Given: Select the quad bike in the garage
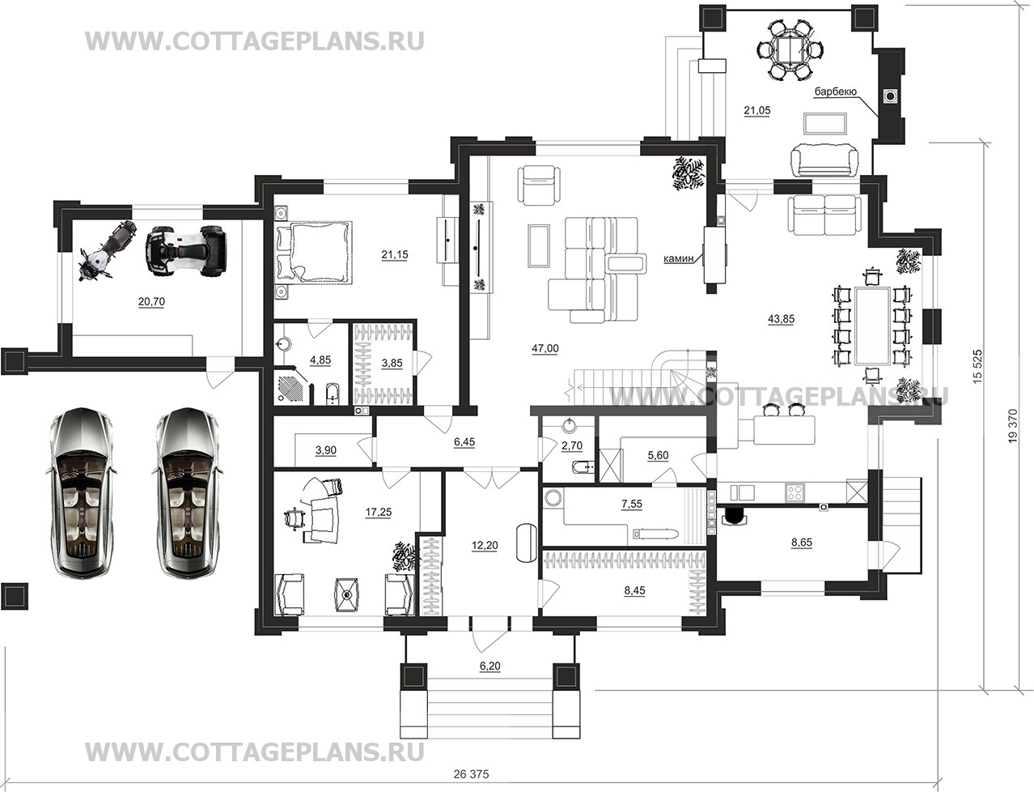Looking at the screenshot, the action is (x=187, y=250).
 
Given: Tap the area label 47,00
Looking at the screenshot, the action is (x=545, y=349).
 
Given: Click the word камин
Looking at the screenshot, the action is (x=679, y=258).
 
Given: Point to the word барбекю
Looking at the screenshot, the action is (x=835, y=92).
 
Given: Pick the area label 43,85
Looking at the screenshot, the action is (x=781, y=319).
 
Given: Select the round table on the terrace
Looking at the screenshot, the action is (x=790, y=49).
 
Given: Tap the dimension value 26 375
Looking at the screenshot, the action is (x=472, y=774).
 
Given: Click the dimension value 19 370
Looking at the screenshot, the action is (x=1013, y=426).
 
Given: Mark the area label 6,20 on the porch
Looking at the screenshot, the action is (x=490, y=666).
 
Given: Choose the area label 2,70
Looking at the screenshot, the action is (x=572, y=445).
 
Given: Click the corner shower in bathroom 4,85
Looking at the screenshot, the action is (x=292, y=386).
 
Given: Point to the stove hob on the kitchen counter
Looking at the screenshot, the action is (x=795, y=492).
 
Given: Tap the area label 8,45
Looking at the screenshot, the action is (x=634, y=590).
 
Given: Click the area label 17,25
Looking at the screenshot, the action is (x=379, y=512).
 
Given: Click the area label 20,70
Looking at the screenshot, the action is (x=151, y=302).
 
